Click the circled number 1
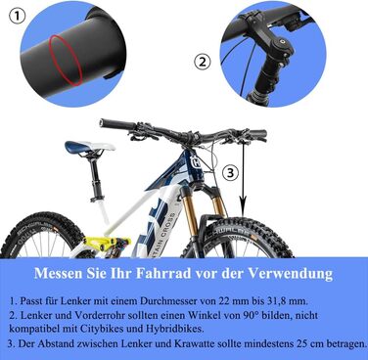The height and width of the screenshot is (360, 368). [16, 17]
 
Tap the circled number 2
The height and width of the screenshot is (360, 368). [203, 62]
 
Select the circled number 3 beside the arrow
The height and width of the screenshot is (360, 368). [231, 173]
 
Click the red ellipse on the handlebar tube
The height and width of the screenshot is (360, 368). [66, 61]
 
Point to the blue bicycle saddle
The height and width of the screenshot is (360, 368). [89, 148]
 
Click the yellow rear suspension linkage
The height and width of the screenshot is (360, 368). [115, 243]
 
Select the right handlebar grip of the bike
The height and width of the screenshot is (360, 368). [256, 134]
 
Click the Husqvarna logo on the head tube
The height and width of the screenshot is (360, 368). [197, 162]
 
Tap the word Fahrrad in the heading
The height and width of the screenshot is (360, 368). [162, 273]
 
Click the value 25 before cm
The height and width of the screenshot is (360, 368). [301, 343]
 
